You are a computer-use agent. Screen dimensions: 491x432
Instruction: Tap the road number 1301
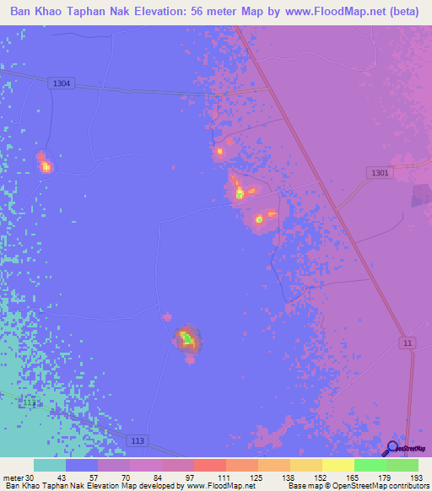[381, 173]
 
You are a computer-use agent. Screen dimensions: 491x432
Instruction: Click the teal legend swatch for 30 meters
[49, 465]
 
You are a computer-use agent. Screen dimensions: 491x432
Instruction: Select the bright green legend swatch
[370, 465]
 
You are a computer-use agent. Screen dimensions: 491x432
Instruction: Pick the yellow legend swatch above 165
[337, 465]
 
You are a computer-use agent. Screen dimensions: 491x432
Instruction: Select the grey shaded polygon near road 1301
[421, 196]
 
